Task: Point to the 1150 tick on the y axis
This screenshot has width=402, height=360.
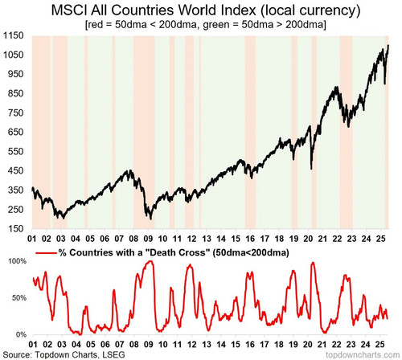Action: pos(14,35)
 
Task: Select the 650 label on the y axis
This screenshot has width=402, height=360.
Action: pos(15,132)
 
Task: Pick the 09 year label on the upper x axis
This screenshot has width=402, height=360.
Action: pos(148,239)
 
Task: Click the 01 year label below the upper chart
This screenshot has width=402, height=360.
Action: pos(32,239)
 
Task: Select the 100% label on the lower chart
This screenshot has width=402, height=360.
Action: pos(18,261)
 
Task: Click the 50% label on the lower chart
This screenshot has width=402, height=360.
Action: pos(19,298)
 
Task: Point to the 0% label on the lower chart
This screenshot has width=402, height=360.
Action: pos(21,334)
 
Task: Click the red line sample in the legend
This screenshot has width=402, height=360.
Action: pos(47,253)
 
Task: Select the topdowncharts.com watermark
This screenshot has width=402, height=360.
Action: pos(363,355)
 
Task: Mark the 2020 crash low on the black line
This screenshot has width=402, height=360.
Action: pos(311,169)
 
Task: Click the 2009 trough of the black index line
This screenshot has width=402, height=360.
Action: pos(151,219)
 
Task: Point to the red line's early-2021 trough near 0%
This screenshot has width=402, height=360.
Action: pos(325,333)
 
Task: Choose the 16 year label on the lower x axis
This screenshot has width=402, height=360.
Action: pos(250,344)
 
